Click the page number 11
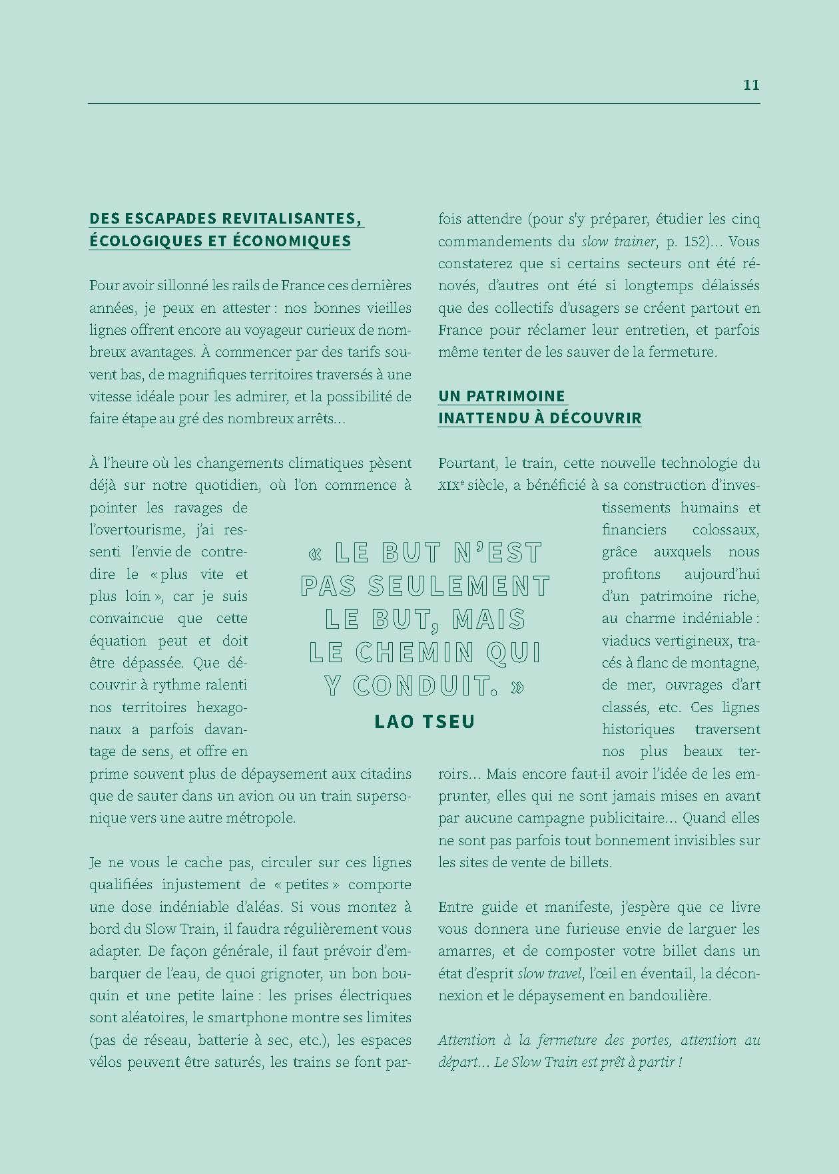pos(751,85)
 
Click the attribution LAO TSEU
pos(425,721)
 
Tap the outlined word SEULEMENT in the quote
pos(459,586)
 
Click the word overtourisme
pos(135,530)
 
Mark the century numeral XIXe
pos(457,486)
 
